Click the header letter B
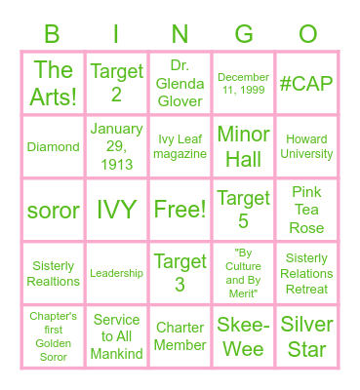53,35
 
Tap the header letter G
244,35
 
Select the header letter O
307,35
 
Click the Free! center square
180,210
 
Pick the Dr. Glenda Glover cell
180,84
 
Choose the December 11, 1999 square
244,84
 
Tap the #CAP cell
307,84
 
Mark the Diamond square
53,146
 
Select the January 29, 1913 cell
116,146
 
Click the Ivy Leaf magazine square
180,146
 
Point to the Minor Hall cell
244,146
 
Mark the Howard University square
307,146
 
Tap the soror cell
53,210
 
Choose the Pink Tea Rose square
307,210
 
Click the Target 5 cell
244,210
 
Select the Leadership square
116,274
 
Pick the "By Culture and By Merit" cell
244,274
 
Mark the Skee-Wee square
244,336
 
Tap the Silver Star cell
307,336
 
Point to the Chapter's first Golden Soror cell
53,336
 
